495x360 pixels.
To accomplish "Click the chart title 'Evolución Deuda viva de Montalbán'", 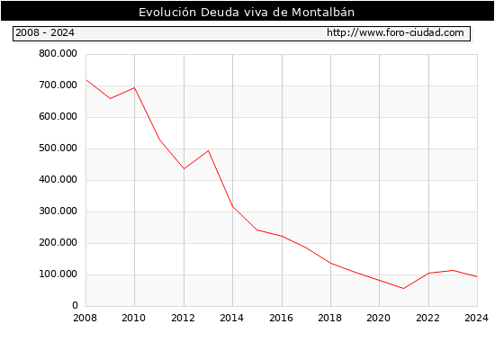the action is pyautogui.click(x=247, y=13).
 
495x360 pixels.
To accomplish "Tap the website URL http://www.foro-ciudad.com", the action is pyautogui.click(x=395, y=32).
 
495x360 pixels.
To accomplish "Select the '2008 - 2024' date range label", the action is pyautogui.click(x=45, y=32).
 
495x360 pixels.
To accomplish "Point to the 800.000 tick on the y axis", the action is pyautogui.click(x=58, y=54).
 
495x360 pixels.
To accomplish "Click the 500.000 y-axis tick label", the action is pyautogui.click(x=58, y=148).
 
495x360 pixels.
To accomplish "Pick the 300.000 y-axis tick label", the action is pyautogui.click(x=58, y=211).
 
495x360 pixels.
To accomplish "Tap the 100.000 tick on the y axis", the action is pyautogui.click(x=58, y=274).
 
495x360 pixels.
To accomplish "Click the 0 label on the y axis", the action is pyautogui.click(x=75, y=305).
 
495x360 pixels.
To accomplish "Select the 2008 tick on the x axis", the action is pyautogui.click(x=85, y=318).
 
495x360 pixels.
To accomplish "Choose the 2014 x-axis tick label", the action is pyautogui.click(x=231, y=318).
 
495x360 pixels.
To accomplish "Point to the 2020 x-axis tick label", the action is pyautogui.click(x=379, y=318).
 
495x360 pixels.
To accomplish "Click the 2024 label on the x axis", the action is pyautogui.click(x=476, y=318).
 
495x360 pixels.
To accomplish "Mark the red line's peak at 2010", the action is pyautogui.click(x=135, y=87).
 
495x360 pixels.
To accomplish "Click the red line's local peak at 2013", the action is pyautogui.click(x=209, y=150).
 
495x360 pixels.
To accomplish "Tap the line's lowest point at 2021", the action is pyautogui.click(x=403, y=288).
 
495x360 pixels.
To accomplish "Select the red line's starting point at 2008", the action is pyautogui.click(x=86, y=80).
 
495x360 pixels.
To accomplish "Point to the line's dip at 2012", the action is pyautogui.click(x=184, y=168).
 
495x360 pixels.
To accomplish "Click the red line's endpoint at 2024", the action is pyautogui.click(x=477, y=276).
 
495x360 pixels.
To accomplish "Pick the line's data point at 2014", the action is pyautogui.click(x=233, y=206).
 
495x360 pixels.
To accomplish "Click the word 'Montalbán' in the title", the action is pyautogui.click(x=323, y=13).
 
